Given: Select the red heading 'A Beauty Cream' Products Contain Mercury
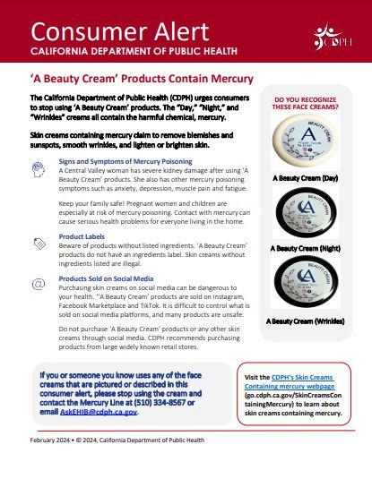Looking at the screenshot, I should (x=143, y=79).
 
